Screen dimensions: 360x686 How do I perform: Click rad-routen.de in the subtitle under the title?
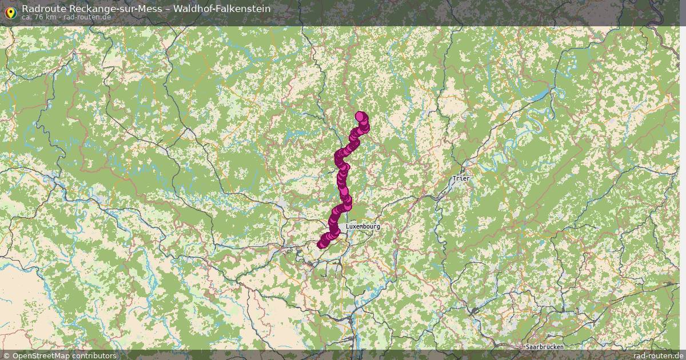pos(87,17)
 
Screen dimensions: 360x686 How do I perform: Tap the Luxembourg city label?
pos(362,227)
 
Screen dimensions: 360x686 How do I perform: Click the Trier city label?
pos(461,178)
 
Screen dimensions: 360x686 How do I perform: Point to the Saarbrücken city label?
pos(544,347)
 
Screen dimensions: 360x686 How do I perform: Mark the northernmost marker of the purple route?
pos(360,116)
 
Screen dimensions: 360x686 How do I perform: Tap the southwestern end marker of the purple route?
pos(321,245)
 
